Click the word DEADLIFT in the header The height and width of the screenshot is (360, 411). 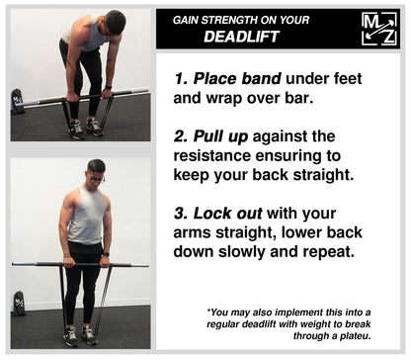[241, 37]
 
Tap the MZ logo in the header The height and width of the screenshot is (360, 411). [379, 29]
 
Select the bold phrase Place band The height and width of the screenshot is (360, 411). [237, 78]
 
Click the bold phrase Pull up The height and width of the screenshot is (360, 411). [220, 136]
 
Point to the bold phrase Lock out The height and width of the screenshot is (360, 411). [227, 214]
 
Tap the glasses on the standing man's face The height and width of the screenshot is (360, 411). [97, 180]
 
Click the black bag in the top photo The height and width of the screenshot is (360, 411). [17, 101]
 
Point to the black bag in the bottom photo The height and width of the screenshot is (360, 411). [19, 304]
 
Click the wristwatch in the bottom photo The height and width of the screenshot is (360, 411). [105, 254]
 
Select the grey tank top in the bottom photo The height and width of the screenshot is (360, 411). [87, 216]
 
